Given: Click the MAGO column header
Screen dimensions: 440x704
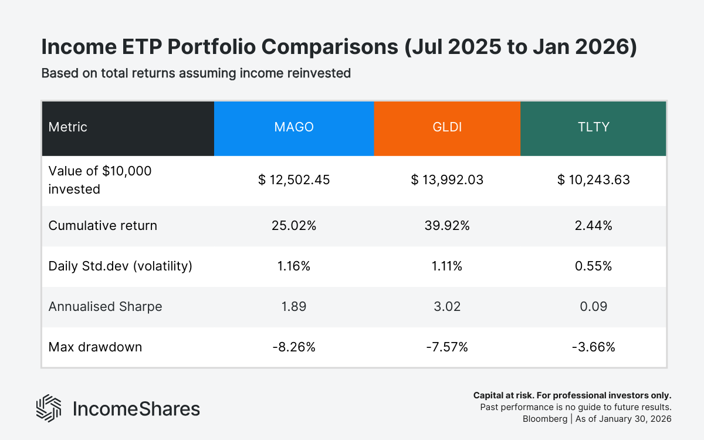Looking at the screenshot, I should tap(294, 127).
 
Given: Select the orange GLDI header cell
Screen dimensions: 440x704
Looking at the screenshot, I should tap(447, 127).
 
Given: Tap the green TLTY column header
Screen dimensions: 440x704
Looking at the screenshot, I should tap(593, 127).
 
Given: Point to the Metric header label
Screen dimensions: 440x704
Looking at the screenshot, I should tap(67, 127).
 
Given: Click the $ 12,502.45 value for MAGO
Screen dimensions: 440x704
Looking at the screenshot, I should tap(294, 180).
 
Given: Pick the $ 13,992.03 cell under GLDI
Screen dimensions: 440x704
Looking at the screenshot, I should tap(447, 180).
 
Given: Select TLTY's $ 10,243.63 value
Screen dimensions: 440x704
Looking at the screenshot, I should tap(593, 180).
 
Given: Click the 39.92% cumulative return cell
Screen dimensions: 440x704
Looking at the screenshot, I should tap(447, 225).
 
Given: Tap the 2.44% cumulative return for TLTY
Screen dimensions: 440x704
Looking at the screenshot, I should tap(593, 225).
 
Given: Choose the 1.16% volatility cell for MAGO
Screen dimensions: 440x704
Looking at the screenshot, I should tap(294, 266).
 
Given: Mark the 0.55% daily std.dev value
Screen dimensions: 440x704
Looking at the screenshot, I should tap(593, 266).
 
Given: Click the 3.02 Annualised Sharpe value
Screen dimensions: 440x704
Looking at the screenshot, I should tap(447, 306).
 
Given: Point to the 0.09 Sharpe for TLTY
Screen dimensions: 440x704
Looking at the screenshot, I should tap(593, 306).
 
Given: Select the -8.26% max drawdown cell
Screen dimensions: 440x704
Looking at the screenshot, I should tap(294, 347).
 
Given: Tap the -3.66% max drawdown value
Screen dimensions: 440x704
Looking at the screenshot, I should tap(593, 347).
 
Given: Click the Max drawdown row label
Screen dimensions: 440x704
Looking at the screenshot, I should tap(95, 347).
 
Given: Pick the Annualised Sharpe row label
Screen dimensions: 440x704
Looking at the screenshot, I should tap(105, 306).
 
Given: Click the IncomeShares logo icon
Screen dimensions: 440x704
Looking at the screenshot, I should tap(49, 408).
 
